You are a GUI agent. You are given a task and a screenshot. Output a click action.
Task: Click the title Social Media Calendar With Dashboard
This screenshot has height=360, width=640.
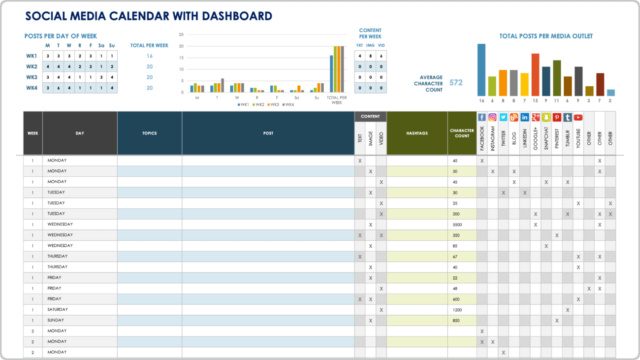pyautogui.click(x=148, y=16)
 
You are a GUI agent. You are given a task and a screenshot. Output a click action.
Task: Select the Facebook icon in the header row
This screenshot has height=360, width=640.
pyautogui.click(x=482, y=117)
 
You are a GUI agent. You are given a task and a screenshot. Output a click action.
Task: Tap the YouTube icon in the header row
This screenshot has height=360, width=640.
pyautogui.click(x=578, y=117)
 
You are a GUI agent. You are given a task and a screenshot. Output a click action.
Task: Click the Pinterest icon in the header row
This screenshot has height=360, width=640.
pyautogui.click(x=557, y=117)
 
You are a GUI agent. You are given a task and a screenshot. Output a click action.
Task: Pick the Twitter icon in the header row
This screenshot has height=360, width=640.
pyautogui.click(x=503, y=117)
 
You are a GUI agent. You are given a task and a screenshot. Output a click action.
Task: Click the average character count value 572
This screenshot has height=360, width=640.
pyautogui.click(x=456, y=83)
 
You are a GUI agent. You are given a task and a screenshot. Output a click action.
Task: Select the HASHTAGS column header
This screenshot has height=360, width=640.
pyautogui.click(x=417, y=133)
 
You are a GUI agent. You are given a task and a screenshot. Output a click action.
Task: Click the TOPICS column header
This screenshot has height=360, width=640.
pyautogui.click(x=150, y=133)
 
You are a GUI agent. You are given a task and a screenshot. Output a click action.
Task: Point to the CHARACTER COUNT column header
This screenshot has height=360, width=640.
pyautogui.click(x=462, y=133)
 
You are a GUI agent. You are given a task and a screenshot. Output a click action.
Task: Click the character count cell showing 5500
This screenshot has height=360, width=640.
pyautogui.click(x=457, y=225)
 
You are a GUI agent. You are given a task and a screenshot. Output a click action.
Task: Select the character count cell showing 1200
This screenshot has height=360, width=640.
pyautogui.click(x=457, y=310)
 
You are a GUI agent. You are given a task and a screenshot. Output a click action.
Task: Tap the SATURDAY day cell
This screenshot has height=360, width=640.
pyautogui.click(x=58, y=310)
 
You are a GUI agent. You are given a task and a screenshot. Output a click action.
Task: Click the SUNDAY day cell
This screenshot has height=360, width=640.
pyautogui.click(x=56, y=321)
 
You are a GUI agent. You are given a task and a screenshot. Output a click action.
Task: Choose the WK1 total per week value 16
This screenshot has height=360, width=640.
pyautogui.click(x=149, y=56)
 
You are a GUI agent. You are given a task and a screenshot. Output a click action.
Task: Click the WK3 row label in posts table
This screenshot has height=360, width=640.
pyautogui.click(x=32, y=77)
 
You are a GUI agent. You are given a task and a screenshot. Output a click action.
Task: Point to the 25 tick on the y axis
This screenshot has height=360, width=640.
pyautogui.click(x=181, y=34)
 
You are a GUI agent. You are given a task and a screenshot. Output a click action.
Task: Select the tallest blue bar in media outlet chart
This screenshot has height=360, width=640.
pyautogui.click(x=481, y=70)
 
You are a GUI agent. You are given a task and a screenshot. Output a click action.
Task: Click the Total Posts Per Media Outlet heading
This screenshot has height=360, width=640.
pyautogui.click(x=546, y=36)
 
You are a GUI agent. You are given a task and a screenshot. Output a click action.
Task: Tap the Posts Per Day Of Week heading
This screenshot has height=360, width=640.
pyautogui.click(x=61, y=36)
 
